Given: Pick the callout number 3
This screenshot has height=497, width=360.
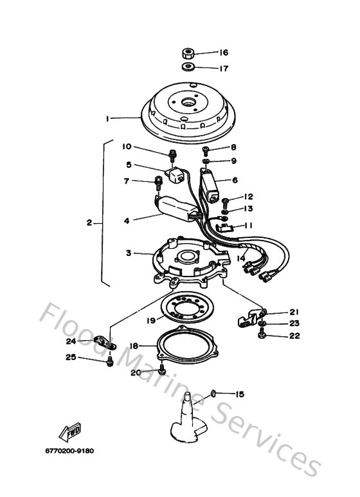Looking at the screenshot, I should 129,253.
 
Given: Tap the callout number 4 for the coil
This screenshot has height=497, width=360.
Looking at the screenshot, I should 127,221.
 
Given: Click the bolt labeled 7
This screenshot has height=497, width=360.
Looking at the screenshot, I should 157,183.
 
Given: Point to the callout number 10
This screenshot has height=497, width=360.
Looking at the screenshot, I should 128,147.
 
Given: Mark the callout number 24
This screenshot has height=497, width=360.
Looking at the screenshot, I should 71,341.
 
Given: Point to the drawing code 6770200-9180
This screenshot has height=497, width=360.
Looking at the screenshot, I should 70,451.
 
